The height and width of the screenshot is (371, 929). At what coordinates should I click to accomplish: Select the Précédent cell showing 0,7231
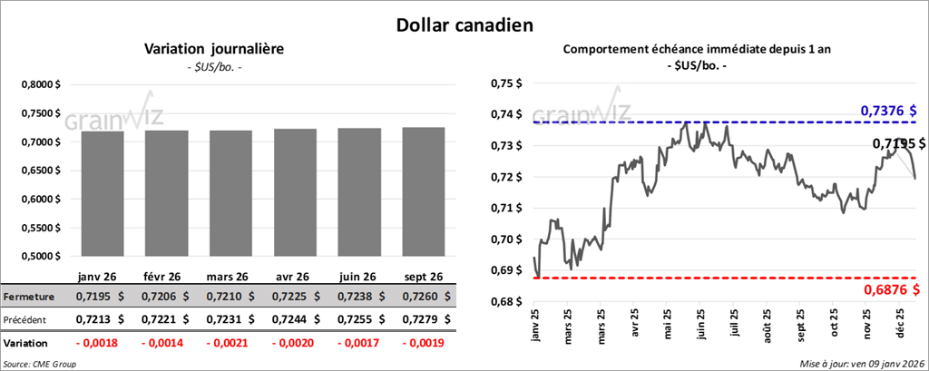click(227, 319)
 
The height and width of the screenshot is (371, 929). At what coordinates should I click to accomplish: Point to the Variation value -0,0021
click(227, 344)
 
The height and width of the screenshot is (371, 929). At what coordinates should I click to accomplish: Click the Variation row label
click(26, 344)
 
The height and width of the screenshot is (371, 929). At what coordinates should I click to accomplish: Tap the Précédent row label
click(27, 319)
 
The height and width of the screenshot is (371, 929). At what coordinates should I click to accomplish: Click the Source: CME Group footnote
click(40, 363)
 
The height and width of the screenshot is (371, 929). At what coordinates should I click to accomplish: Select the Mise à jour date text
click(862, 363)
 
